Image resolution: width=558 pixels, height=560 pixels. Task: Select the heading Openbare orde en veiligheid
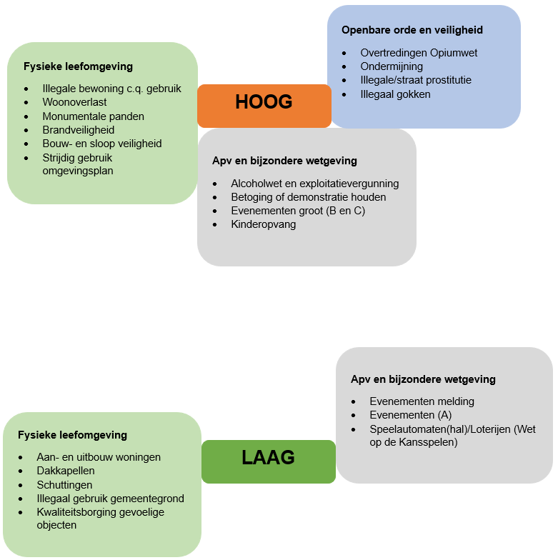coord(412,30)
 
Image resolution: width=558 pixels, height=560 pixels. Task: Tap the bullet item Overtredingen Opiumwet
coord(419,53)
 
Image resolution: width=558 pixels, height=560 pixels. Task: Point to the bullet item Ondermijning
coord(392,66)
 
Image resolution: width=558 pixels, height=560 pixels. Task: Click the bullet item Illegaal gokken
coord(395,94)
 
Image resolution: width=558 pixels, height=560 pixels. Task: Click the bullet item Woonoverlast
coord(74,102)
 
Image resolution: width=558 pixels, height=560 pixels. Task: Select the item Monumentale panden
coord(93,116)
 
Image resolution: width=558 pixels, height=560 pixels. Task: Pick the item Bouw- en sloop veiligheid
coord(102,143)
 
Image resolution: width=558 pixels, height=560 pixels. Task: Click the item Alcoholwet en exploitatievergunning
coord(314,184)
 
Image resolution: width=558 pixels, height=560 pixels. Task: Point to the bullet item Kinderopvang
coord(263,224)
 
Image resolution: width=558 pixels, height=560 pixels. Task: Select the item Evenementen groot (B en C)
coord(298,211)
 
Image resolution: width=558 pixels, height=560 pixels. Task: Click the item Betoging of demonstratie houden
coord(308,197)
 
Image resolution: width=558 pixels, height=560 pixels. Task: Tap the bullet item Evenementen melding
coord(422,401)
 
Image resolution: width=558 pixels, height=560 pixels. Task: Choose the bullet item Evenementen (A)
coord(410,415)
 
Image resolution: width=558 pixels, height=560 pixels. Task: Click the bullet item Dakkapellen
coord(66,471)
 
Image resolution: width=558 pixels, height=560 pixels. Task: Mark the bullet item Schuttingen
coord(64,484)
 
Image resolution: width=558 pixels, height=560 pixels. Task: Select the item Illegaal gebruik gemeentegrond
coord(110,498)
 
